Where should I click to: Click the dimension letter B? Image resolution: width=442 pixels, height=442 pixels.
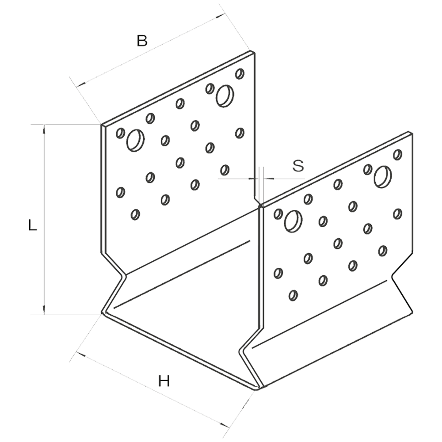point(142,42)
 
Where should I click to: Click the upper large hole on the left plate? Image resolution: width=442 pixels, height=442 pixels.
point(225,95)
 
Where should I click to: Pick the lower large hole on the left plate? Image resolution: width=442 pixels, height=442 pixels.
point(134,140)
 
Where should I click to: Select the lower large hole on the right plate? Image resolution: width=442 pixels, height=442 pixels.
point(292,220)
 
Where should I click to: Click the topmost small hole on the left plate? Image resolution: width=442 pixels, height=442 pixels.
point(240,73)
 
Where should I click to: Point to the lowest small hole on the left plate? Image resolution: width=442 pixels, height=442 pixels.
point(135,214)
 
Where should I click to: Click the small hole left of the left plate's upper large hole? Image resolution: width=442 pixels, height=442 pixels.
point(210,88)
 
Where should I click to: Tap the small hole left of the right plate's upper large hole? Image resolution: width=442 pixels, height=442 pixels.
point(367,169)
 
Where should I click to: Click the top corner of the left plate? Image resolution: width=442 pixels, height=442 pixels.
point(253,52)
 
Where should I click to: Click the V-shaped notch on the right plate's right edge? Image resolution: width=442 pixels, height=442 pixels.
point(392,278)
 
